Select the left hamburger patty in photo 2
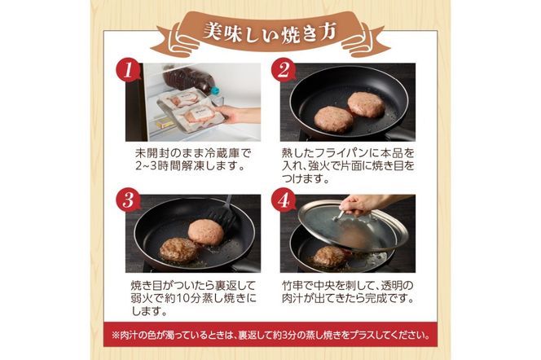tap(333, 120)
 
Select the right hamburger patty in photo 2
tap(365, 103)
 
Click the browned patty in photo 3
tap(178, 249)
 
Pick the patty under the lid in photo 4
tap(329, 256)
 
